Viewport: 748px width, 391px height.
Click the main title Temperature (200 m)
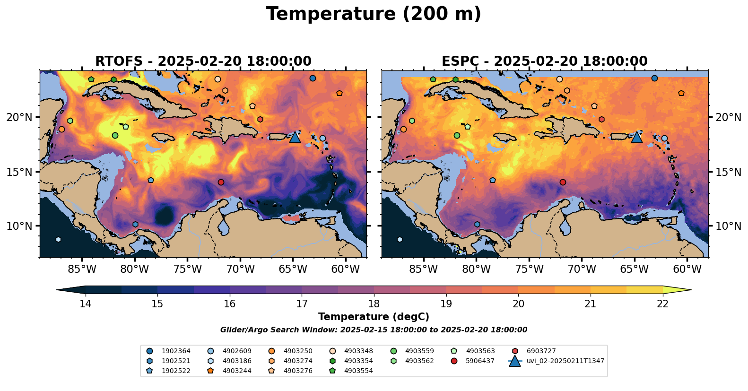[374, 14]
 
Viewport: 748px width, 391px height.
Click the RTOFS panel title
[203, 61]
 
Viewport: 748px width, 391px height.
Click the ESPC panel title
[544, 61]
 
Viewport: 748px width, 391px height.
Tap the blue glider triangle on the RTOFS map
[295, 137]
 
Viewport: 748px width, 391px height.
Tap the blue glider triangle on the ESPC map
[637, 137]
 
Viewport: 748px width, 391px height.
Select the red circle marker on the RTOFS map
[221, 182]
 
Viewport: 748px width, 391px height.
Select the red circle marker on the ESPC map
[563, 182]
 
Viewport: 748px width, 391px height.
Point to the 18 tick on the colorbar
[374, 304]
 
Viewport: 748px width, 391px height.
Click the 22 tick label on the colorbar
[663, 304]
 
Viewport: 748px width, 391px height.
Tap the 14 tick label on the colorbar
[85, 304]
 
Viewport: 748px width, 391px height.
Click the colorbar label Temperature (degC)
[374, 317]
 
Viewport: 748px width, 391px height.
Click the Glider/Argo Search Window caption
[374, 330]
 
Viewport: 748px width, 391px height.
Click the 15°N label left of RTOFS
[19, 172]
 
